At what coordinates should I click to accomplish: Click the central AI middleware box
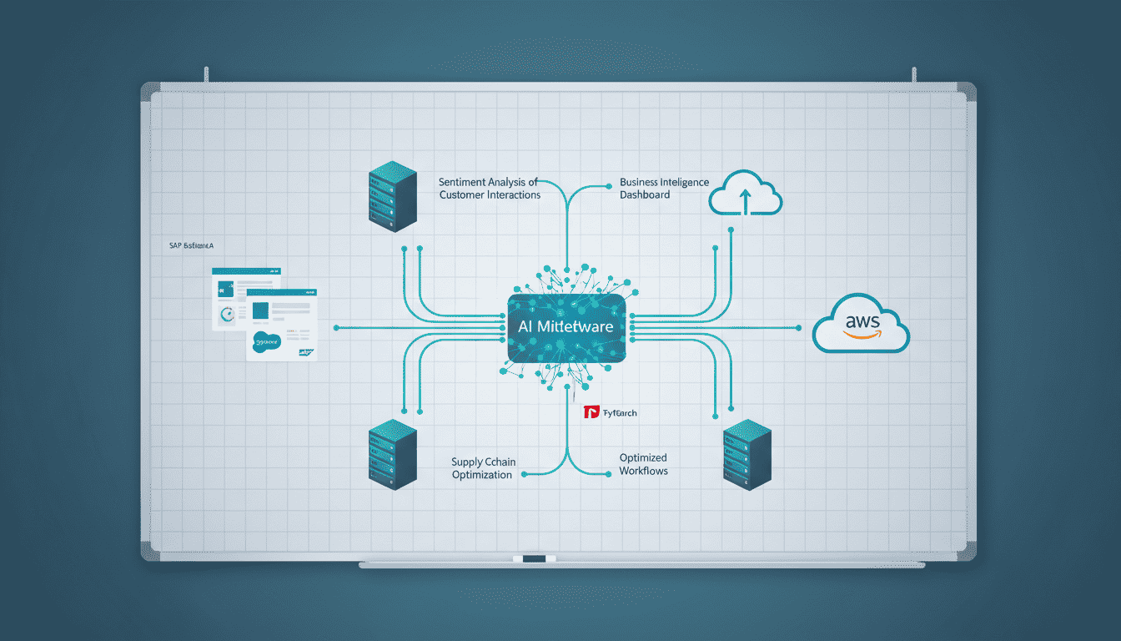point(566,327)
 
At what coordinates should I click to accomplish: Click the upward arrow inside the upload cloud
point(745,200)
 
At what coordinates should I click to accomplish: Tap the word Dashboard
point(645,194)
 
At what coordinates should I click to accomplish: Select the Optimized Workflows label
point(643,464)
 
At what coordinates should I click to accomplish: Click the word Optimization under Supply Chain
point(481,474)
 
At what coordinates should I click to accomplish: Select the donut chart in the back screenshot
point(226,315)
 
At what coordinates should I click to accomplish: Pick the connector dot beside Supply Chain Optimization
point(524,474)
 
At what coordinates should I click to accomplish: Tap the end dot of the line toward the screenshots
point(334,327)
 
